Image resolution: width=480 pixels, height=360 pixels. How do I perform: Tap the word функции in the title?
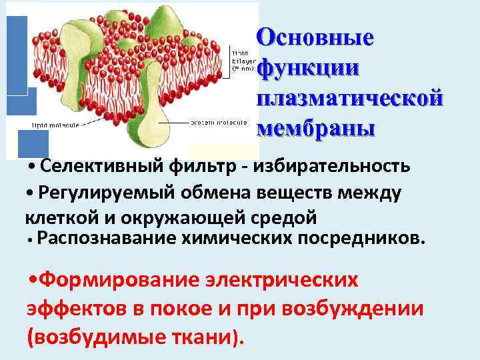tap(308, 67)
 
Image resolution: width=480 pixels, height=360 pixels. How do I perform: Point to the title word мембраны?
tap(317, 127)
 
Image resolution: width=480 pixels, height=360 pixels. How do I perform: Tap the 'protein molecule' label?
tap(219, 123)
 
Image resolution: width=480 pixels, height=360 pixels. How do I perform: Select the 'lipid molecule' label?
tap(53, 124)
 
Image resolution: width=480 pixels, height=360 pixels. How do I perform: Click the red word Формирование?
tap(114, 281)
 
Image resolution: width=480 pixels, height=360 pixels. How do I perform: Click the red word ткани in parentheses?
tap(199, 337)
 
